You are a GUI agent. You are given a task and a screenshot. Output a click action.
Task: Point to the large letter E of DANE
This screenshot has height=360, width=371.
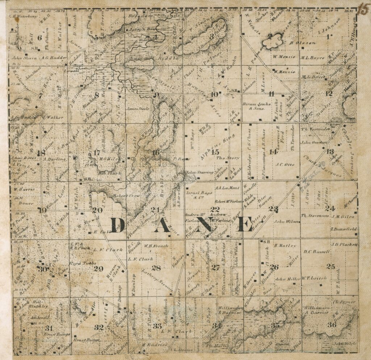tap(245, 225)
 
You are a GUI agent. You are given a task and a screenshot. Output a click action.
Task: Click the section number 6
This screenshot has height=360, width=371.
tap(40, 37)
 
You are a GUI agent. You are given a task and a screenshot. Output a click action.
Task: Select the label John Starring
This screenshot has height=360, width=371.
tap(199, 173)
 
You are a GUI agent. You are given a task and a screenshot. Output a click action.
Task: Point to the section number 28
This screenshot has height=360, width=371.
tap(156, 268)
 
